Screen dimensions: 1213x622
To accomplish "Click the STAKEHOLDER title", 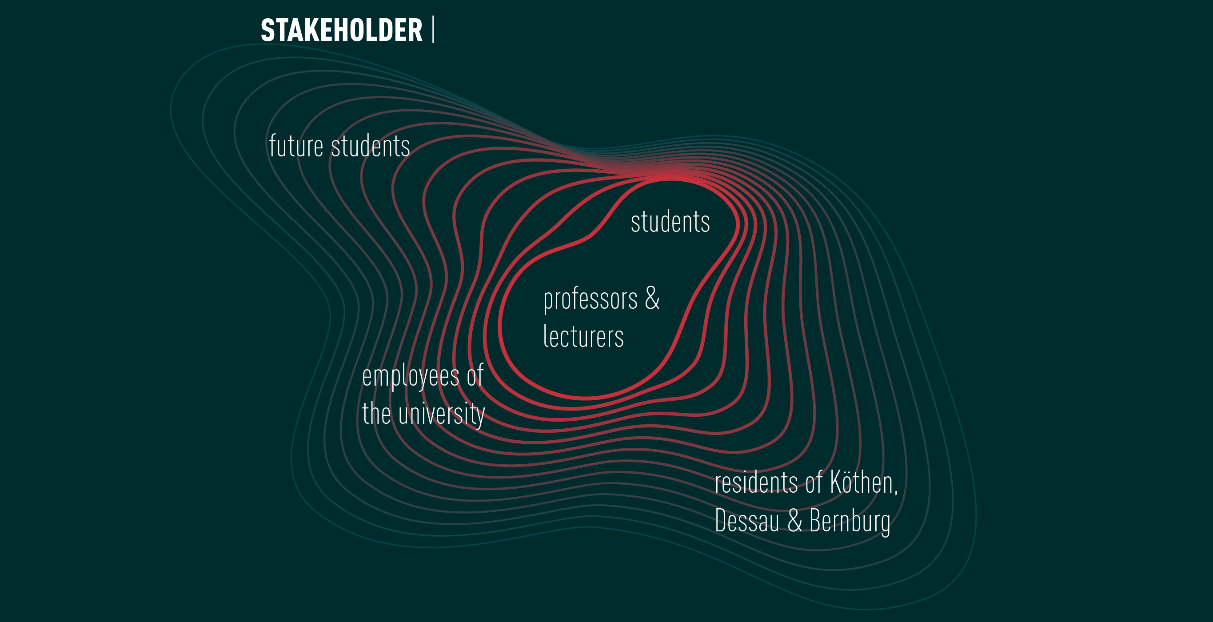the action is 341,30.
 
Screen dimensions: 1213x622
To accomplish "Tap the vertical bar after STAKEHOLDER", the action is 433,30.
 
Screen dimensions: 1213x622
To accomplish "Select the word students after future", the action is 371,146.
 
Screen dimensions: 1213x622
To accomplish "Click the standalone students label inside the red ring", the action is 670,221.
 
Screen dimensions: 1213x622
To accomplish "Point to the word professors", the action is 591,300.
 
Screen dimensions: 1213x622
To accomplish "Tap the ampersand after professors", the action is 652,298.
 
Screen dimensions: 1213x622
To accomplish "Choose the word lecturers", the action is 583,336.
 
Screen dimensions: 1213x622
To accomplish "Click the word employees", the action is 411,377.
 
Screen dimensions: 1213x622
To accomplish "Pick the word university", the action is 441,415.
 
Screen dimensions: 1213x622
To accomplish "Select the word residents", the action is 756,482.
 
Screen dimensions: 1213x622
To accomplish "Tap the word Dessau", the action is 747,520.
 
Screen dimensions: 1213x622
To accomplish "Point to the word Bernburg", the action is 850,522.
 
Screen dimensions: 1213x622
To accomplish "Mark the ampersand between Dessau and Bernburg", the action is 795,520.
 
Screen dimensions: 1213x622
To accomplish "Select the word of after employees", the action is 475,375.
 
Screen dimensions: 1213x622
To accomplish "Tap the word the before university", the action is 376,414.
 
